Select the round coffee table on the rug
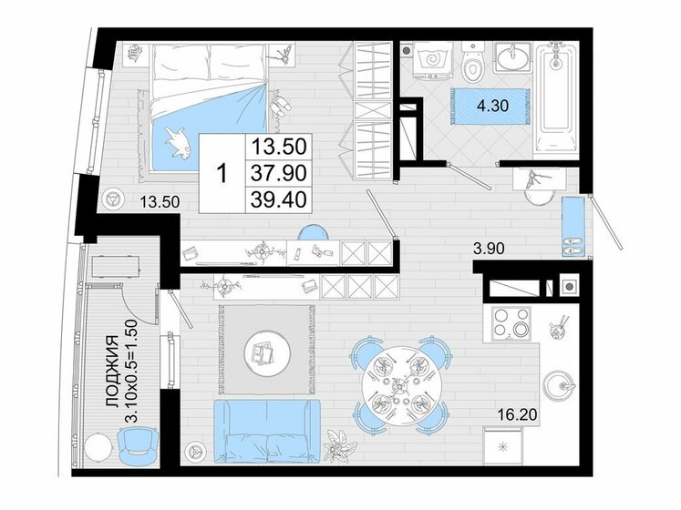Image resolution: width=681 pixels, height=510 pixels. click(x=263, y=349)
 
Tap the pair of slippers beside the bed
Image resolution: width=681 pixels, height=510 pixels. click(x=280, y=105)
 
